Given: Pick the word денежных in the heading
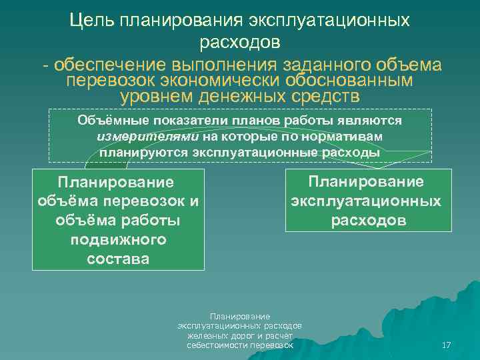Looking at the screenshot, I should (x=241, y=95).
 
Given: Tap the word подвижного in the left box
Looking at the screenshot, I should (x=118, y=239).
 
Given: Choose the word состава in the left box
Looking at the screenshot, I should (x=118, y=258).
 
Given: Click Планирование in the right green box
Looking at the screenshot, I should (x=365, y=182).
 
